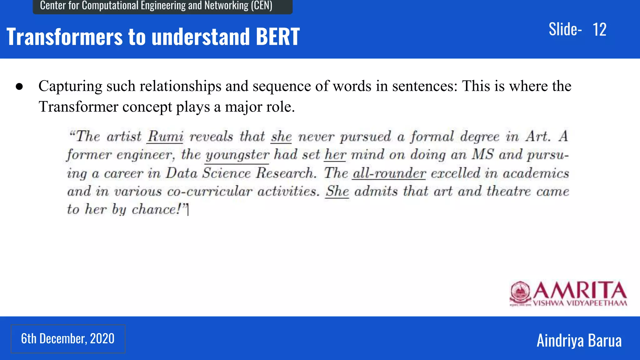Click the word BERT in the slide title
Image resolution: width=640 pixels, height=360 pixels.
tap(277, 37)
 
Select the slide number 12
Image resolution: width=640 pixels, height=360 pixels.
tap(599, 30)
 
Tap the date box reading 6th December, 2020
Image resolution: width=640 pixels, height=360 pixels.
tap(68, 339)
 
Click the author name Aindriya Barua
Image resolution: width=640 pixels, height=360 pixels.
tap(579, 340)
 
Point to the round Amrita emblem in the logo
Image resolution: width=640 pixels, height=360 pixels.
tap(520, 292)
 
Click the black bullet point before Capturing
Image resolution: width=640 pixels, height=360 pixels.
tap(19, 87)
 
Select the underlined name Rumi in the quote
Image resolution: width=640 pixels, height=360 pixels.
tap(165, 137)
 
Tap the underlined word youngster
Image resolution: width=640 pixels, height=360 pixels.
tap(237, 155)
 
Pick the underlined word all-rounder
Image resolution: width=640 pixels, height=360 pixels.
tap(389, 173)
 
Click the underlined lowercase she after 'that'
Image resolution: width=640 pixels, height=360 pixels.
tap(281, 137)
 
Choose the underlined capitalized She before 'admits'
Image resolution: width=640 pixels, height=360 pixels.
tap(337, 191)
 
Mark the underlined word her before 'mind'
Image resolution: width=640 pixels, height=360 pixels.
tap(335, 155)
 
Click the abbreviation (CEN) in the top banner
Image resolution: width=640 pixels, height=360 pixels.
tap(261, 6)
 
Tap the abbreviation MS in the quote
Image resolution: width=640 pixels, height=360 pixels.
tap(483, 155)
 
